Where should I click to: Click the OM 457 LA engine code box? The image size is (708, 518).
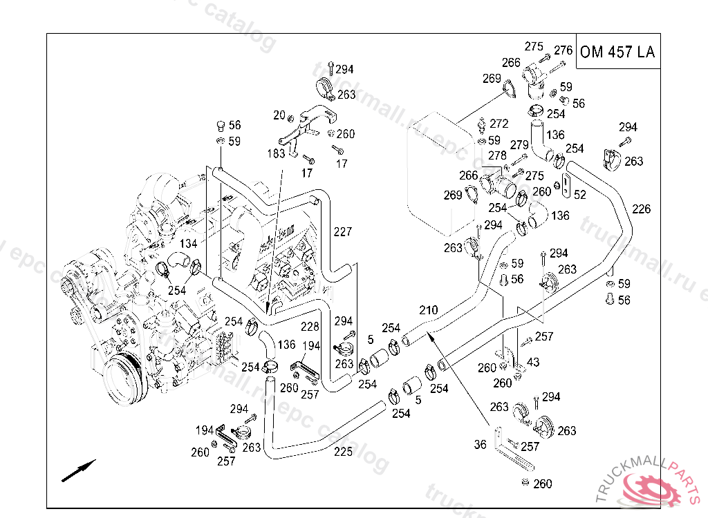click(x=617, y=52)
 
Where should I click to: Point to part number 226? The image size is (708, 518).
click(x=641, y=209)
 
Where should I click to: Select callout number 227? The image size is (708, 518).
click(x=342, y=231)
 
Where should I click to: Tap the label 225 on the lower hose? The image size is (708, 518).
click(x=343, y=452)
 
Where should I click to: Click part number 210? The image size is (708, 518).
click(x=428, y=310)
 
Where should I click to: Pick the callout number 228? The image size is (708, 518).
click(x=309, y=326)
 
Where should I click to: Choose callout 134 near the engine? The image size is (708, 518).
click(x=189, y=244)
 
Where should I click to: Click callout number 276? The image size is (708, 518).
click(x=563, y=50)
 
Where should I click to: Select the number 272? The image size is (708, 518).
click(x=499, y=124)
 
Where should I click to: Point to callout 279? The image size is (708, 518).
click(x=519, y=145)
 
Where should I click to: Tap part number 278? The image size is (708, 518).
click(x=497, y=156)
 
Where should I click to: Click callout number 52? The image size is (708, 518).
click(x=579, y=195)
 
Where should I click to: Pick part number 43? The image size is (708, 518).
click(x=533, y=362)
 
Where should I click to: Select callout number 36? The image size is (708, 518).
click(x=481, y=445)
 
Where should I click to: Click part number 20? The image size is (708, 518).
click(x=279, y=115)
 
